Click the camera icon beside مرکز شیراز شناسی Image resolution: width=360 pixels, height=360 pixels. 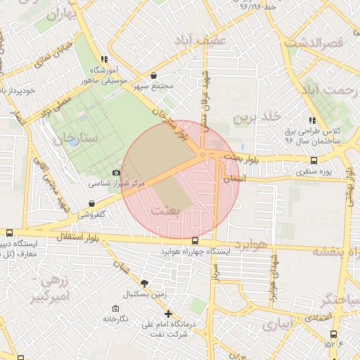click(x=117, y=172)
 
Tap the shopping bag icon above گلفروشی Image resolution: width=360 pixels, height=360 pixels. click(x=92, y=204)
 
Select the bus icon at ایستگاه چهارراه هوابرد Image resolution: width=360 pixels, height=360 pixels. click(x=195, y=241)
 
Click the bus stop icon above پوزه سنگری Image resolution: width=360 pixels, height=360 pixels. click(x=314, y=160)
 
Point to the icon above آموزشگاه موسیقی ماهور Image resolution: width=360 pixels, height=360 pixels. click(x=104, y=60)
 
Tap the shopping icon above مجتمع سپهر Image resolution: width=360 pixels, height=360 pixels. click(x=153, y=76)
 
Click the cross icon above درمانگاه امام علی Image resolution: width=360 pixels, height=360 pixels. click(x=167, y=314)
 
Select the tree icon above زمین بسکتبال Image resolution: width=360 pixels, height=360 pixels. click(x=145, y=283)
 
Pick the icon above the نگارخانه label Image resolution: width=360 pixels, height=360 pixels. click(x=115, y=308)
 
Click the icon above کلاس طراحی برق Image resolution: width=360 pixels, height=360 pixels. click(x=312, y=120)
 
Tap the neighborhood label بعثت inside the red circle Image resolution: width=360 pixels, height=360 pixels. click(x=167, y=210)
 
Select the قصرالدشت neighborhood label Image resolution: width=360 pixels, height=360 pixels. click(x=314, y=43)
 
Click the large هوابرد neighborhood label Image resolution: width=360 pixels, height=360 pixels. click(x=252, y=244)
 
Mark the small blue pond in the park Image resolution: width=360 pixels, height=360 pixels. click(x=73, y=142)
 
